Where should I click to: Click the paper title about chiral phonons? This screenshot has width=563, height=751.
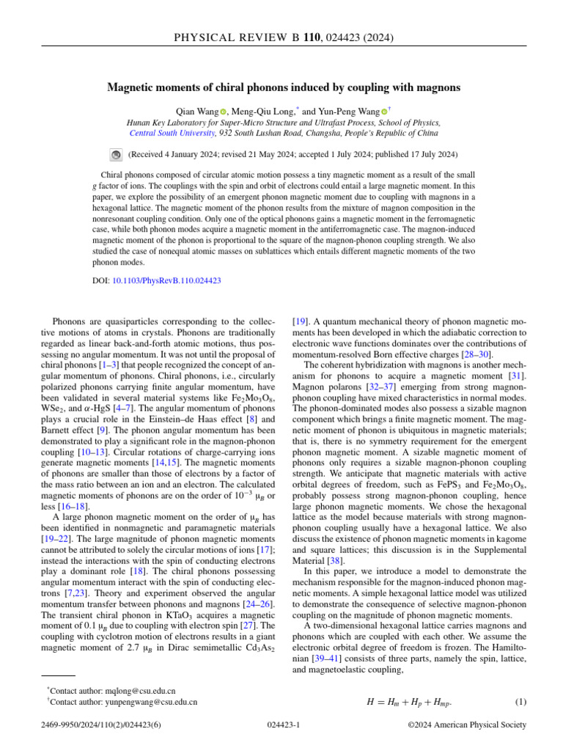pyautogui.click(x=284, y=87)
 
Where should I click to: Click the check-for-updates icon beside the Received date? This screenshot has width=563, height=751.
pyautogui.click(x=116, y=155)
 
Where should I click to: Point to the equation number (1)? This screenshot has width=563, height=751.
pyautogui.click(x=520, y=701)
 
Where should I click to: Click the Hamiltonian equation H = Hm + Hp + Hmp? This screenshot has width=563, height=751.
pyautogui.click(x=409, y=702)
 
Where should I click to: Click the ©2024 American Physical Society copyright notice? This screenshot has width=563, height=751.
pyautogui.click(x=466, y=725)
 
